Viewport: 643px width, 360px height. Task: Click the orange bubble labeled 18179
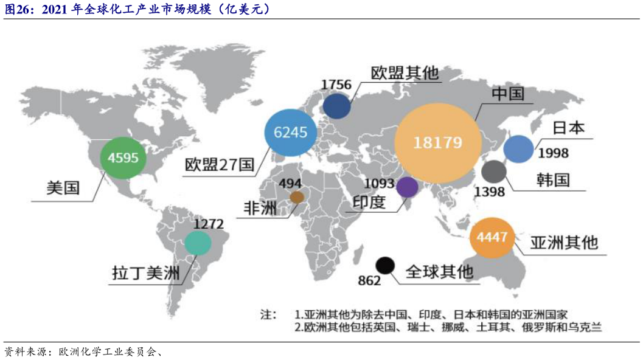tap(438, 142)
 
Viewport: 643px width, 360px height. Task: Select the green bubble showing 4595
tap(123, 158)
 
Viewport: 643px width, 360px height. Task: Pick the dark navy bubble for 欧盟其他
tap(337, 106)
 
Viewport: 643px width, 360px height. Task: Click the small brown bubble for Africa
tap(297, 197)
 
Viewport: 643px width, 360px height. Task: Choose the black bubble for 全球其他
tap(385, 265)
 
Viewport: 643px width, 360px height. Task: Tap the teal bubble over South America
tap(198, 243)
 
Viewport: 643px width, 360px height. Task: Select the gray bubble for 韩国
tap(493, 172)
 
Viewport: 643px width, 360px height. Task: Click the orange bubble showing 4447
tap(492, 237)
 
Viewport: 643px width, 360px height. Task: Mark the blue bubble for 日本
tap(518, 150)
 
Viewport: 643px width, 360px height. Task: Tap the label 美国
tap(63, 187)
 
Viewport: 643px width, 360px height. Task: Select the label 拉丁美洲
tap(146, 274)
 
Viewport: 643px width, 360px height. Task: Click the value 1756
tap(336, 84)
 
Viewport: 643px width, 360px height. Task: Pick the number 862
tap(369, 280)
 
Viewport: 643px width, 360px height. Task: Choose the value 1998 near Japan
tap(553, 152)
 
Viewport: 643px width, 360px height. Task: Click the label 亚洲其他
tap(564, 242)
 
